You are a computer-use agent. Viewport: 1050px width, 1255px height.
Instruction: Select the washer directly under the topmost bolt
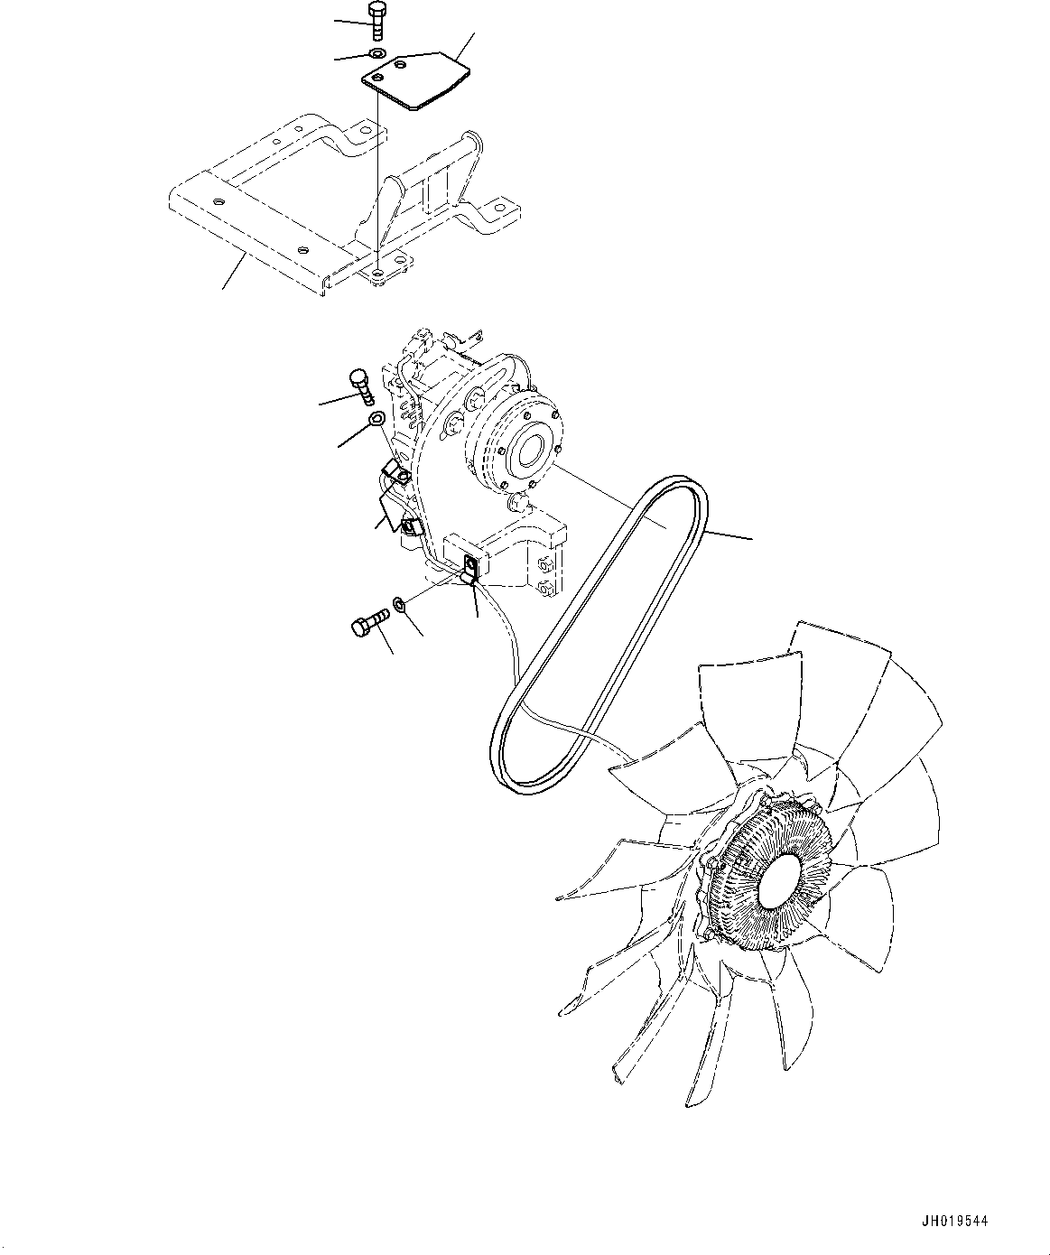tap(377, 55)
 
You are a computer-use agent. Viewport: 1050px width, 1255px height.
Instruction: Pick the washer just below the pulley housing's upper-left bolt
tap(377, 418)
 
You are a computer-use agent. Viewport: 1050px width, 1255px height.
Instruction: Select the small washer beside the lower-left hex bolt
tap(399, 603)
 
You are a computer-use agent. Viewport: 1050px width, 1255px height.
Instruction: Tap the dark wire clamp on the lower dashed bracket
tap(471, 570)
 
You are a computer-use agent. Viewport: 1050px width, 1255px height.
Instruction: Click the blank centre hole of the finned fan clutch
tap(779, 879)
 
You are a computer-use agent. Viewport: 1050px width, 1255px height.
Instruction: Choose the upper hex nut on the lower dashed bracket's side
tap(544, 565)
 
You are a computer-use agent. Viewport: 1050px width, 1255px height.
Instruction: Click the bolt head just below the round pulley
tap(518, 502)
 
